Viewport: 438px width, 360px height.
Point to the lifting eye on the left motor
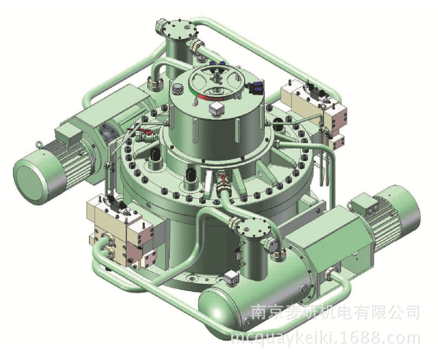[x=38, y=145]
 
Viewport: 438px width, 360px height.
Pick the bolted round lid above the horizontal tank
[x=255, y=227]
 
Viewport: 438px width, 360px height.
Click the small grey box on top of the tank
[x=232, y=278]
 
